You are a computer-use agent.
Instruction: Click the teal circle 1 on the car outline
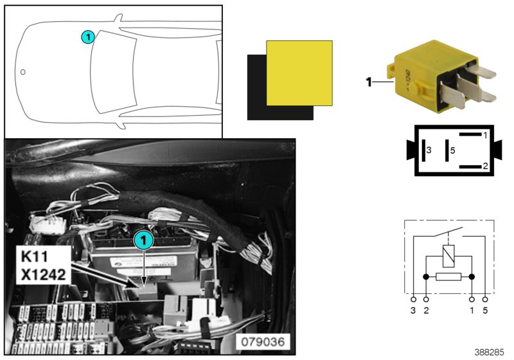click(x=88, y=37)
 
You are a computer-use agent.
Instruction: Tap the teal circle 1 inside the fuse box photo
click(x=143, y=240)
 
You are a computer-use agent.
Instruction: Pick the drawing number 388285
click(x=490, y=352)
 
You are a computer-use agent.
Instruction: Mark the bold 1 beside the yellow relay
click(x=369, y=82)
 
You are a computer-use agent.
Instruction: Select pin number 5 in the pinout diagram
click(x=452, y=150)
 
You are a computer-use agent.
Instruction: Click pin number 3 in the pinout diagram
click(x=429, y=150)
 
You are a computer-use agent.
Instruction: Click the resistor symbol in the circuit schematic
click(x=448, y=277)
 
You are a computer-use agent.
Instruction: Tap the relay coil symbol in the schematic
click(x=448, y=255)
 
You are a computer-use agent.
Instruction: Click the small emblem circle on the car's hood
click(x=22, y=71)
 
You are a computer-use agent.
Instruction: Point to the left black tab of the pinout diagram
click(x=410, y=150)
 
